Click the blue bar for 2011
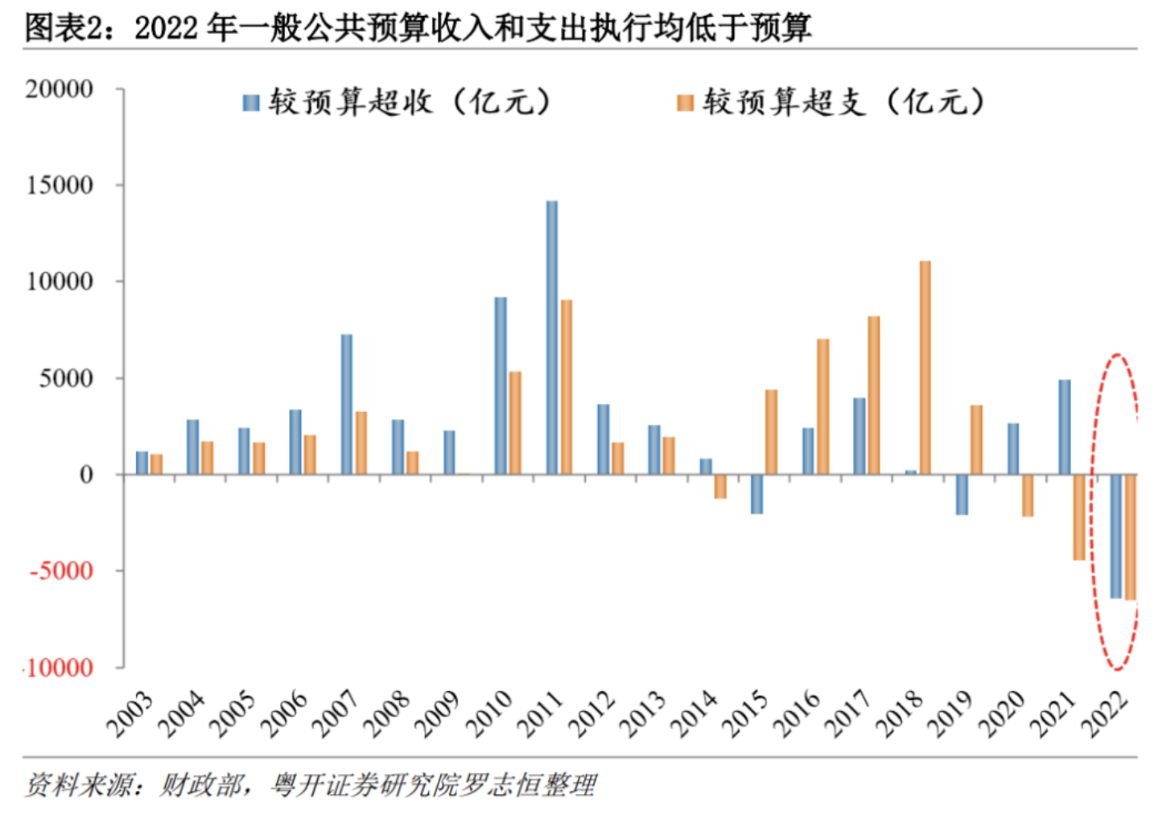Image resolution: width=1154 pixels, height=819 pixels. (551, 337)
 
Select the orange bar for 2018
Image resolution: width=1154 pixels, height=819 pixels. (925, 367)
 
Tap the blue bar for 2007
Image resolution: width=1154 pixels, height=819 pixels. (346, 404)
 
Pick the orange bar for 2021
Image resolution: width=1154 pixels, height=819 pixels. (1078, 517)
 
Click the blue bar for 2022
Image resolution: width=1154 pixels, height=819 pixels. (1115, 536)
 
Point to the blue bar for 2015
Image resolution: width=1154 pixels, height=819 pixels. (756, 494)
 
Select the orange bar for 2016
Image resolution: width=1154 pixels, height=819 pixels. (822, 406)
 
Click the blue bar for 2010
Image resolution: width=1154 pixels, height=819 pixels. (501, 385)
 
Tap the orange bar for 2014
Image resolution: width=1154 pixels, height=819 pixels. (720, 486)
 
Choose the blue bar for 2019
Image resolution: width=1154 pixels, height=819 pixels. (962, 494)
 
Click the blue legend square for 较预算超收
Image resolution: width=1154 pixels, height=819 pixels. (251, 103)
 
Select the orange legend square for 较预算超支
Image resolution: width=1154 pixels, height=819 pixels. (685, 103)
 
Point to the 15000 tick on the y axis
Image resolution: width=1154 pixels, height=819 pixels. (60, 185)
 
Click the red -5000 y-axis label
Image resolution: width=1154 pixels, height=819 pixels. (61, 571)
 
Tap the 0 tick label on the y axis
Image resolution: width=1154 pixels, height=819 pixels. (85, 475)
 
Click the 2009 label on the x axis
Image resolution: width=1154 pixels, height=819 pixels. (437, 714)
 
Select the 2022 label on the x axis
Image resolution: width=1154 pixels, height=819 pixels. (1104, 714)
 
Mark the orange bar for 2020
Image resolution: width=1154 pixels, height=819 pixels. (1028, 495)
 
